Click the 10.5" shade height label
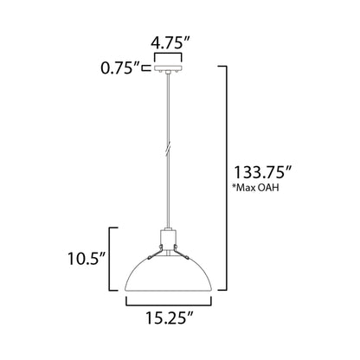tap(87, 256)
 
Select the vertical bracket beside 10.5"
tap(109, 257)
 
